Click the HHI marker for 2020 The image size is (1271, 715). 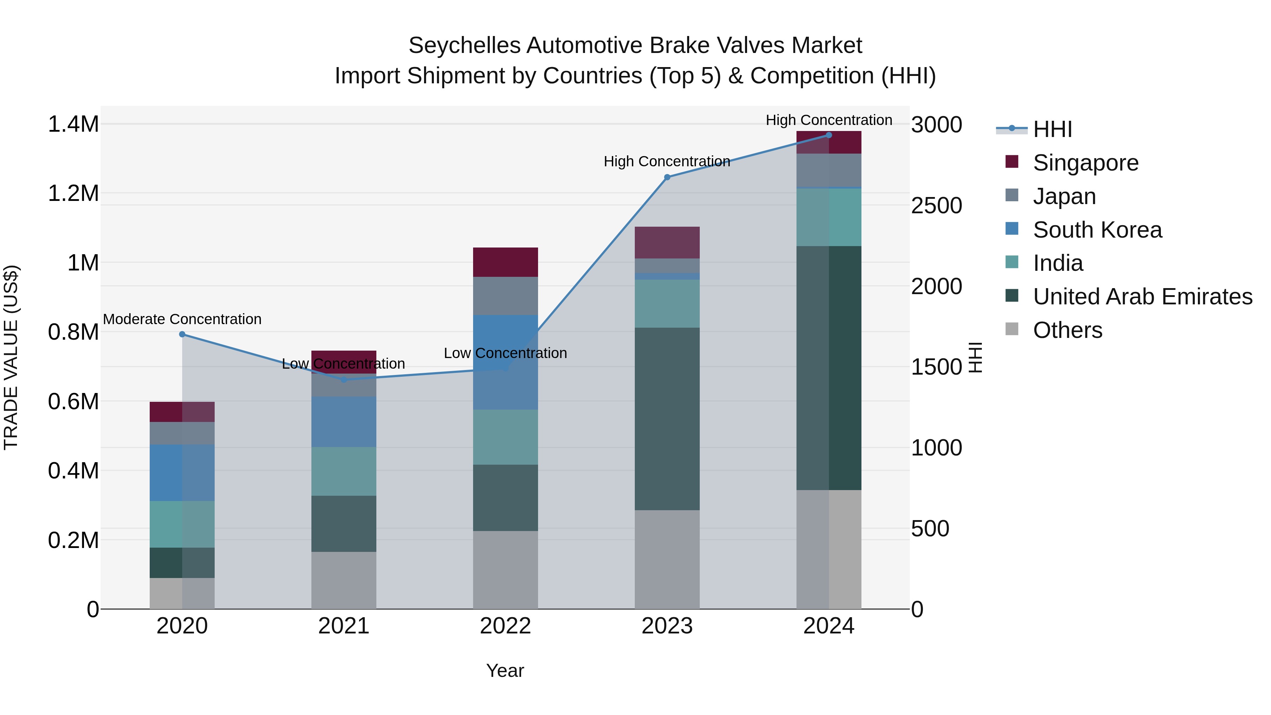(182, 334)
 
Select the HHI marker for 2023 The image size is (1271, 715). (667, 177)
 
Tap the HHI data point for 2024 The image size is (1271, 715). (829, 135)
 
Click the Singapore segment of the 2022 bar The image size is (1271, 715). (505, 262)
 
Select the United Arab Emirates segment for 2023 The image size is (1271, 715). (667, 418)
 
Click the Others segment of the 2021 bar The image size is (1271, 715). (344, 580)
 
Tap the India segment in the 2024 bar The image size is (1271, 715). (829, 217)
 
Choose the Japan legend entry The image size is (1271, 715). (1064, 196)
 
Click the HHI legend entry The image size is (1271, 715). (1052, 129)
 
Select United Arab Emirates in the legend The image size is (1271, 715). (1142, 297)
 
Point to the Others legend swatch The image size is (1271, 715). (1012, 329)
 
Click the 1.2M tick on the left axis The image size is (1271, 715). (73, 193)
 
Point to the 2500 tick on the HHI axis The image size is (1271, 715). (936, 206)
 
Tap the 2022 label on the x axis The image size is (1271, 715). (505, 626)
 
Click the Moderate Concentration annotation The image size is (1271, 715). (182, 319)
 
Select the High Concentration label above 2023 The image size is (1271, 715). (667, 161)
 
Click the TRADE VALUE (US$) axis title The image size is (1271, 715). (11, 357)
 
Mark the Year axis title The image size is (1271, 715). (505, 671)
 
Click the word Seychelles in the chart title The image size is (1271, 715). (464, 46)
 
